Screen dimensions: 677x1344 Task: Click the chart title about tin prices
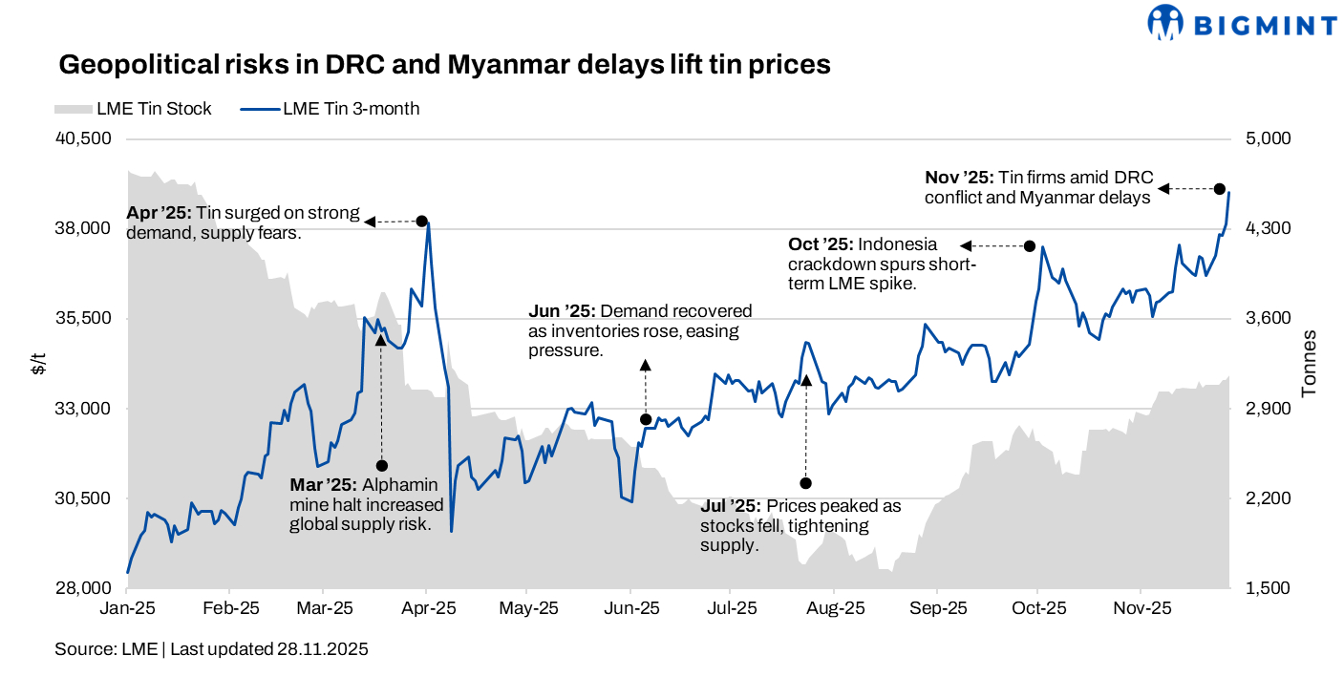[444, 64]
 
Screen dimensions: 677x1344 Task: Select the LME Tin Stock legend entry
[134, 109]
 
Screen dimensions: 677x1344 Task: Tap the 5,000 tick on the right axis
[1269, 138]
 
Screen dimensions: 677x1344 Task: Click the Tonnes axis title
[1310, 364]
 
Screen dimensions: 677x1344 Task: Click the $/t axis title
[38, 364]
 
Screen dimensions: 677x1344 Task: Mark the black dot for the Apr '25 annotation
[421, 222]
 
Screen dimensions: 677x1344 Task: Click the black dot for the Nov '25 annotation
[1220, 189]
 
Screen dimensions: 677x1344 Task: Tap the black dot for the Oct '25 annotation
[1030, 246]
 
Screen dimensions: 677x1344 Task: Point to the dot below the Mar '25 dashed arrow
[381, 466]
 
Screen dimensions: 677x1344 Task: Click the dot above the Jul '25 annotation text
[805, 483]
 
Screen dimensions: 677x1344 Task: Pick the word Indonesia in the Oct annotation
[897, 244]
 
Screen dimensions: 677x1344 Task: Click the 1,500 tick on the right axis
[1269, 589]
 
